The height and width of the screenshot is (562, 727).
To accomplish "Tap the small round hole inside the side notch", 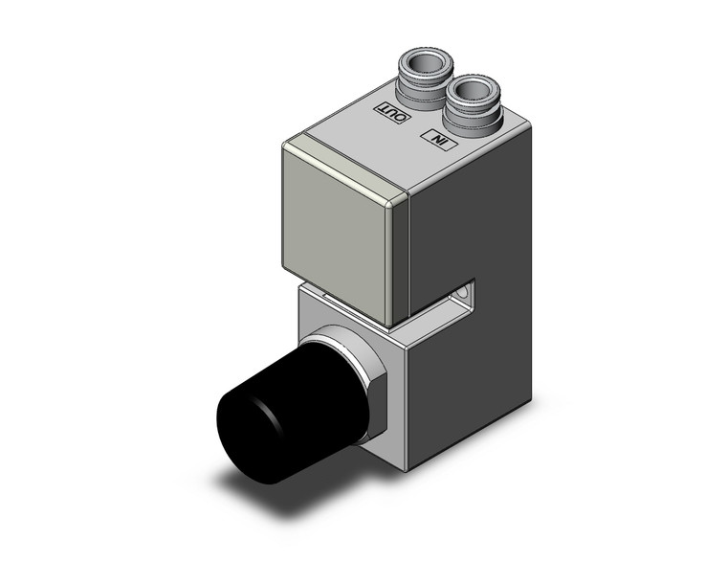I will (465, 289).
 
